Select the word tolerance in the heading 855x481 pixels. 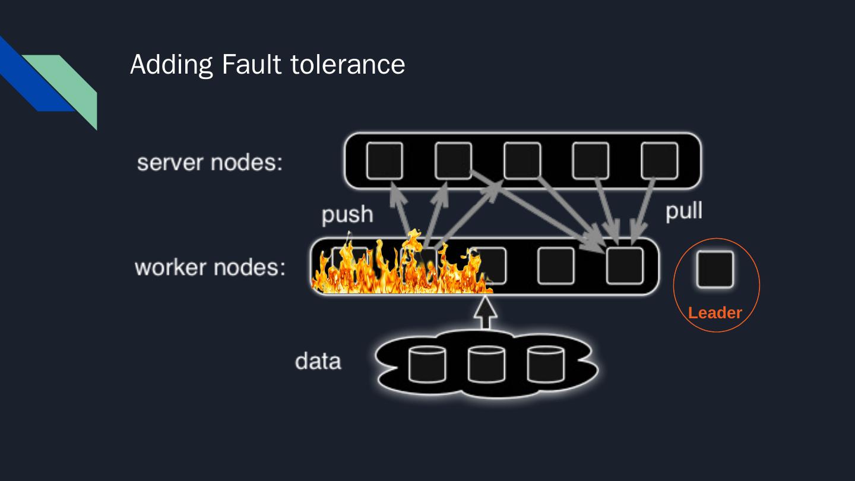pyautogui.click(x=348, y=64)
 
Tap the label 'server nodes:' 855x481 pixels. pyautogui.click(x=210, y=162)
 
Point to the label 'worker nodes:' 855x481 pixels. pyautogui.click(x=210, y=267)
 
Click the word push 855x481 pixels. pyautogui.click(x=347, y=214)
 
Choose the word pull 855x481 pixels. pyautogui.click(x=684, y=211)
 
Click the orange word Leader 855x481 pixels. pyautogui.click(x=715, y=313)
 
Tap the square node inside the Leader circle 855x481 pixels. pyautogui.click(x=715, y=269)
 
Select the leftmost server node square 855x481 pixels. pyautogui.click(x=384, y=160)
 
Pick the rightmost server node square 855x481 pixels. pyautogui.click(x=660, y=160)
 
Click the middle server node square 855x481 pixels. pyautogui.click(x=522, y=160)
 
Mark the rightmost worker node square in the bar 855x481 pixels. pyautogui.click(x=625, y=265)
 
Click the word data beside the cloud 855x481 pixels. pyautogui.click(x=318, y=361)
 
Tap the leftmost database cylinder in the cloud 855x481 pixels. pyautogui.click(x=427, y=363)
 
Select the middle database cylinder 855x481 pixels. pyautogui.click(x=486, y=363)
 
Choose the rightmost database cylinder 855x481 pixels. pyautogui.click(x=546, y=363)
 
